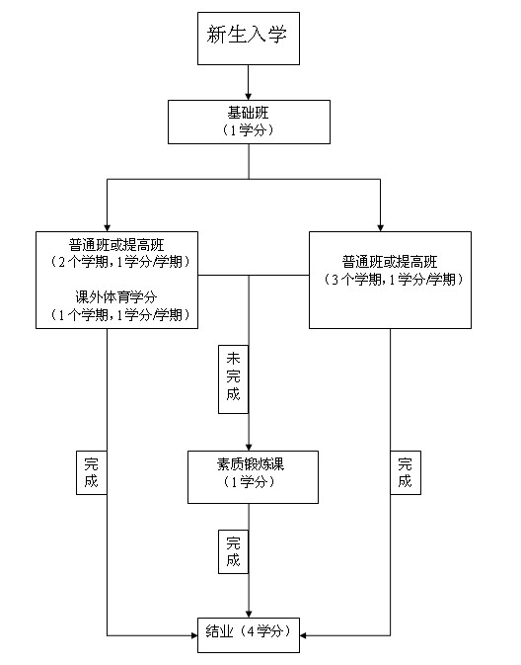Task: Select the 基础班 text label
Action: [x=249, y=114]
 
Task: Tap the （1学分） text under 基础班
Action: [x=249, y=129]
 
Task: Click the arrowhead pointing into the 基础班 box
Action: [x=249, y=96]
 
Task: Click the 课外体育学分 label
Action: [x=116, y=297]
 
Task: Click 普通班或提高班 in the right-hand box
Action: [x=390, y=262]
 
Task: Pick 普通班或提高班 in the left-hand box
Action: [x=116, y=245]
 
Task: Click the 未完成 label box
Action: [x=233, y=379]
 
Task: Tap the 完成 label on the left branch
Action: [x=92, y=472]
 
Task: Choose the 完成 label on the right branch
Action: [x=406, y=472]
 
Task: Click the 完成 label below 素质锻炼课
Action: [x=233, y=551]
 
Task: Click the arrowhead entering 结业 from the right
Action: [x=303, y=635]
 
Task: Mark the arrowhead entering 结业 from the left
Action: [x=194, y=635]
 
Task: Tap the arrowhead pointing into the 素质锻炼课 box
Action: [x=249, y=447]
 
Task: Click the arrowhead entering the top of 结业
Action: [x=249, y=614]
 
